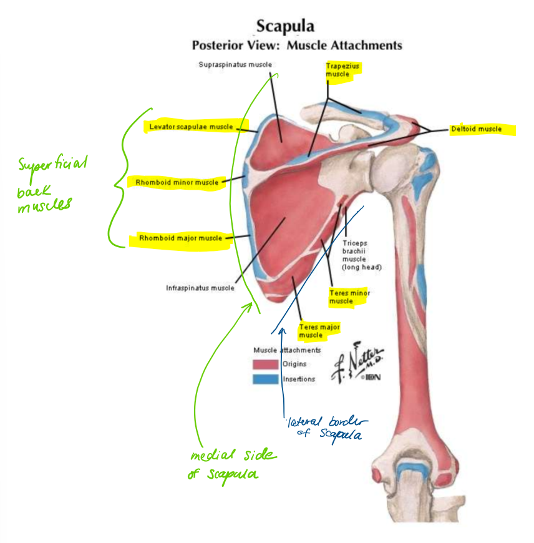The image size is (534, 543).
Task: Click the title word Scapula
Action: [285, 26]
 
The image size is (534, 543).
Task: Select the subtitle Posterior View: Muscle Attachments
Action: [297, 46]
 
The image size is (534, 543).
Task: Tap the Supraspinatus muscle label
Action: [235, 64]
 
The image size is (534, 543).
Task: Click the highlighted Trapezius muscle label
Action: [343, 70]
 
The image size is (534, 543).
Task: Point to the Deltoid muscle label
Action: [477, 129]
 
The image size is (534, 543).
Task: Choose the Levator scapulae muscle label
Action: [190, 127]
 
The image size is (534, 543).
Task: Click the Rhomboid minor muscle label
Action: [177, 182]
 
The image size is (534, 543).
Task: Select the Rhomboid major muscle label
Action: [180, 238]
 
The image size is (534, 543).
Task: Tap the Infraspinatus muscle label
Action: [200, 288]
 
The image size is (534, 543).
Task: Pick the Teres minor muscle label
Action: [349, 297]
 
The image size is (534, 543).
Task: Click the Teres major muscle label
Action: [319, 331]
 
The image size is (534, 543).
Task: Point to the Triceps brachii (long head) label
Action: [361, 255]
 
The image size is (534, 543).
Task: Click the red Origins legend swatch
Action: [265, 364]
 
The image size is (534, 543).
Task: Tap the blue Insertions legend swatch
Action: [265, 379]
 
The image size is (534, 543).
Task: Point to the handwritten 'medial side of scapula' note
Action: [232, 464]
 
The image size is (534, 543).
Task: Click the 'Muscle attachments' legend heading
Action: [287, 350]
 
